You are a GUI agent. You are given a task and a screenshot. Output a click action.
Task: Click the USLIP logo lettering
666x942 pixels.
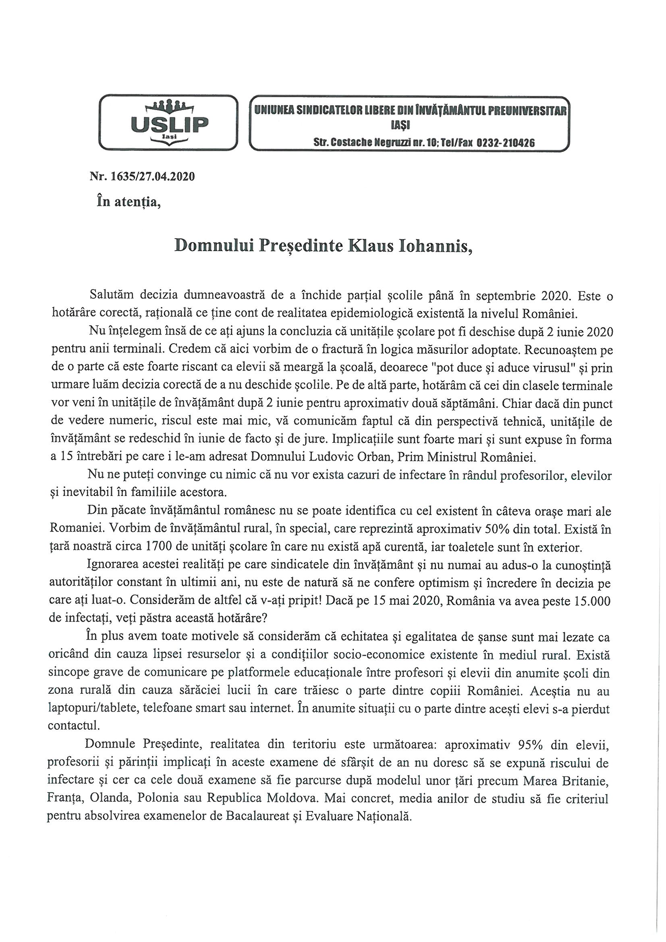[169, 122]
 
